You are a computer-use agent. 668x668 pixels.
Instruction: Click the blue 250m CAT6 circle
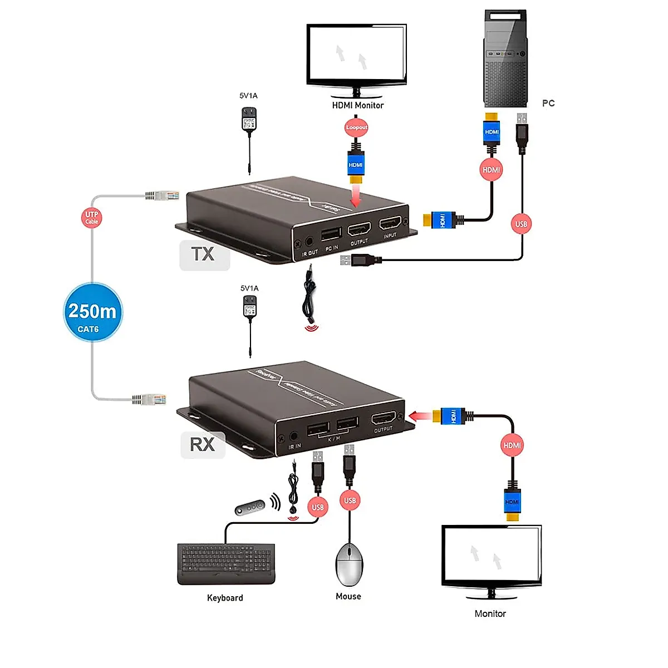(x=92, y=312)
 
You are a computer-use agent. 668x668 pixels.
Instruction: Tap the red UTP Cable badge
(x=92, y=217)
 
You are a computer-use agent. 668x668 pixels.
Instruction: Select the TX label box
(x=204, y=255)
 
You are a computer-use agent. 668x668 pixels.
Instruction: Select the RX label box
(x=203, y=444)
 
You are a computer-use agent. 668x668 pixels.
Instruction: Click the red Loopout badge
(x=356, y=127)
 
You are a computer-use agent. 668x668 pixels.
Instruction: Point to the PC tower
(x=505, y=58)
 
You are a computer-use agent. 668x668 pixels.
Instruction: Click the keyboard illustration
(x=226, y=563)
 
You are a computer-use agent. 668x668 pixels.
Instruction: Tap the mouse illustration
(x=349, y=564)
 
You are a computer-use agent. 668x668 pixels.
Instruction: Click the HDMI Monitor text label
(x=358, y=105)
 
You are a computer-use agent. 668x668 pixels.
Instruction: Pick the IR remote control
(x=249, y=508)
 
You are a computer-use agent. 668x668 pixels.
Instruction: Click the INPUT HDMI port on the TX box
(x=390, y=224)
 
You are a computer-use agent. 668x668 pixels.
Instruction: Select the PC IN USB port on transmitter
(x=331, y=234)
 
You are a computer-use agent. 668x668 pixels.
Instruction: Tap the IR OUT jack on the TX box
(x=310, y=242)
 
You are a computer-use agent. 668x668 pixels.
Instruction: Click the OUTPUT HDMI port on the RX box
(x=384, y=418)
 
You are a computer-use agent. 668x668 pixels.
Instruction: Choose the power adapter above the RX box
(x=250, y=308)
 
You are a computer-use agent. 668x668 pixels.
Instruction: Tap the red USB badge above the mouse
(x=350, y=500)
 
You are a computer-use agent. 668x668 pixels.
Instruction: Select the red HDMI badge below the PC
(x=491, y=170)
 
